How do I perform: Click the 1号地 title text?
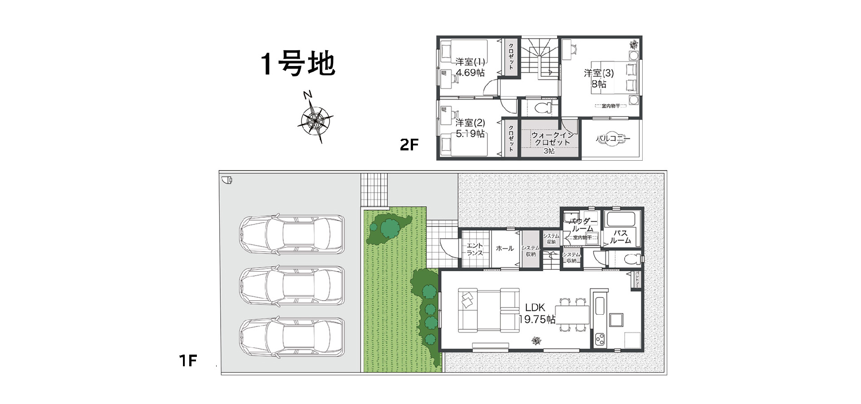click(298, 64)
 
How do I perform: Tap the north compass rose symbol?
click(315, 119)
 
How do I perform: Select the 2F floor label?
click(409, 145)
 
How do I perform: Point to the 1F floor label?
click(188, 360)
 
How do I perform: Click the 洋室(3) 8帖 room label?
click(599, 78)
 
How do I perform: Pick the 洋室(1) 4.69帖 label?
click(470, 67)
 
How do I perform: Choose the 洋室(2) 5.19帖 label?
click(470, 128)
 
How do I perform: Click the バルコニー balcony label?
click(613, 139)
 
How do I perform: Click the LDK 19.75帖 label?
click(536, 313)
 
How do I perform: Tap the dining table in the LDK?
click(572, 314)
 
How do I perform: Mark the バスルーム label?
click(620, 237)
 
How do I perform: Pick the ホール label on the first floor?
click(505, 248)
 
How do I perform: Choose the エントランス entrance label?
click(475, 249)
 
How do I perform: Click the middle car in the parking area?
click(292, 286)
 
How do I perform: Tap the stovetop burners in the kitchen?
click(600, 339)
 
